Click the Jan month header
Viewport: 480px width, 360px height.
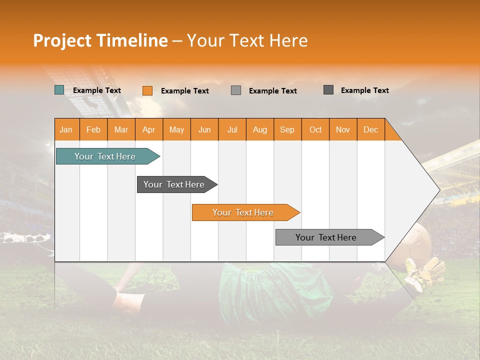(66, 129)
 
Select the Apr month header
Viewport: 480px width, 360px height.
(149, 129)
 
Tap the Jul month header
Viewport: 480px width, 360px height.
(232, 129)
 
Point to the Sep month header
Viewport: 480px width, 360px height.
(287, 129)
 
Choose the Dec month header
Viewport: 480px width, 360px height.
(370, 129)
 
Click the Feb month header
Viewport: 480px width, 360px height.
(93, 129)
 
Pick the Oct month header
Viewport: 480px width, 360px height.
(315, 129)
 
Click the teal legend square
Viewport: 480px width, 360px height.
(59, 90)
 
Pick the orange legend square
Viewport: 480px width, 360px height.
(147, 90)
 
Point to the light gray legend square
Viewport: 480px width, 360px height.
(236, 90)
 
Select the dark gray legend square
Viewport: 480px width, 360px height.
(328, 90)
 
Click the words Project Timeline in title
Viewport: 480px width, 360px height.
(100, 40)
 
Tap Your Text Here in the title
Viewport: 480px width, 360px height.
(247, 40)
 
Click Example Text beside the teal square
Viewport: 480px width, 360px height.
(97, 90)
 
